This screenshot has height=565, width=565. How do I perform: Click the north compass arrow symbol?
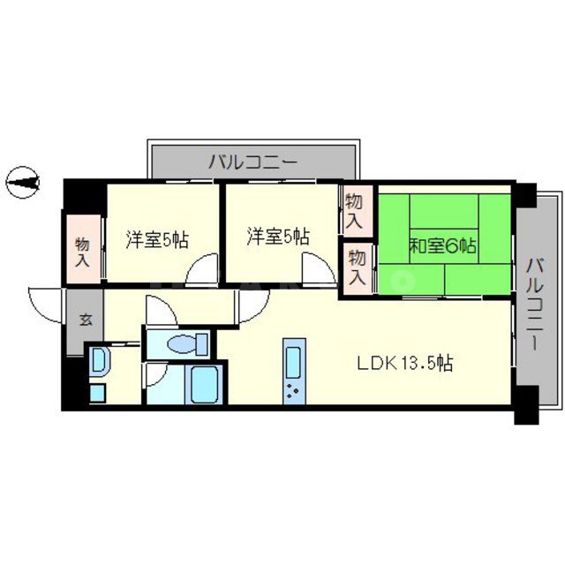[24, 183]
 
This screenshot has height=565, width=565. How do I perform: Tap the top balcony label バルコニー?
[253, 162]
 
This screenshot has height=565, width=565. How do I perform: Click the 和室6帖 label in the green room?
[442, 246]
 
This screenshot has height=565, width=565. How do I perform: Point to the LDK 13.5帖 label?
[405, 363]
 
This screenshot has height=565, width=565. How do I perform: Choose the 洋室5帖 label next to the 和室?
[277, 237]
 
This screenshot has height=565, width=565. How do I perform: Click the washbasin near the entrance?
[99, 361]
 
